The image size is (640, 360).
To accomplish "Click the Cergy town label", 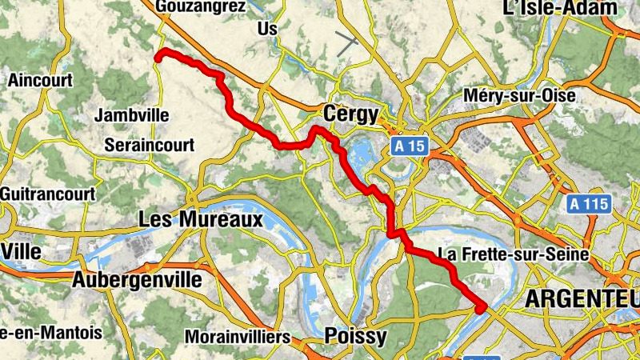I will (x=350, y=114).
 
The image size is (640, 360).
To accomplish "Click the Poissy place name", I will (x=355, y=335).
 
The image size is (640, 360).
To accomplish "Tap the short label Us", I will (x=267, y=29).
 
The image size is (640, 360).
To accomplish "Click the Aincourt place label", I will (x=40, y=80).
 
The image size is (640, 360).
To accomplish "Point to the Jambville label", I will (x=132, y=116).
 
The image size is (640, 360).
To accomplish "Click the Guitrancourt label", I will (x=47, y=194).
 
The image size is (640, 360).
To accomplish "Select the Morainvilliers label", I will (x=237, y=337).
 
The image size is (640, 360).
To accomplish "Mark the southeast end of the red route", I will (x=481, y=308).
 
